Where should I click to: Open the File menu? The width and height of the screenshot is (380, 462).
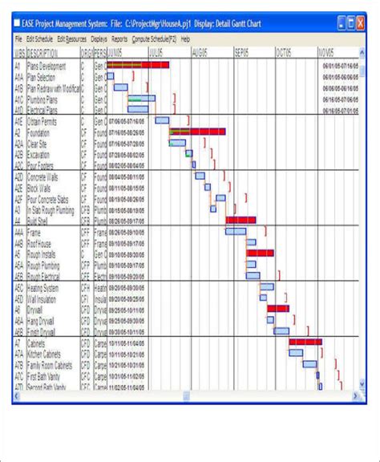tap(18, 38)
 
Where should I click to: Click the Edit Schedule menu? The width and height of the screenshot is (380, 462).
tap(40, 38)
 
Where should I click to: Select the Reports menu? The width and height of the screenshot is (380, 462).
tap(119, 38)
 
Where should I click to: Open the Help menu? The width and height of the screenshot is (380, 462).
tap(185, 38)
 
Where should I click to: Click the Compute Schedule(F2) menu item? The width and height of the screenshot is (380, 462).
tap(154, 38)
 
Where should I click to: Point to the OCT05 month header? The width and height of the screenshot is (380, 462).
tap(285, 52)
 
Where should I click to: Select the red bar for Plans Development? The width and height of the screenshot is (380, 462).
tap(138, 65)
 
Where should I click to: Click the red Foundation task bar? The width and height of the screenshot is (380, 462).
tap(197, 131)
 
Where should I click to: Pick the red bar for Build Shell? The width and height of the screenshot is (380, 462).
tap(241, 219)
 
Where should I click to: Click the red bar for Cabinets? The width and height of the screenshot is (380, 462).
tap(305, 342)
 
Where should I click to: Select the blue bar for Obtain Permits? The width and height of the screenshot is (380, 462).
tap(162, 120)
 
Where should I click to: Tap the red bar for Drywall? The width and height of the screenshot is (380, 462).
tap(277, 308)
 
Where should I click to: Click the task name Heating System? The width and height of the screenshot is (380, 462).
tap(43, 286)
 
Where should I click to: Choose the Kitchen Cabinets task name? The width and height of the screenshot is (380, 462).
tap(46, 353)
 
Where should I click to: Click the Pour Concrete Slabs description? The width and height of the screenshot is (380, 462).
tap(47, 197)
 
